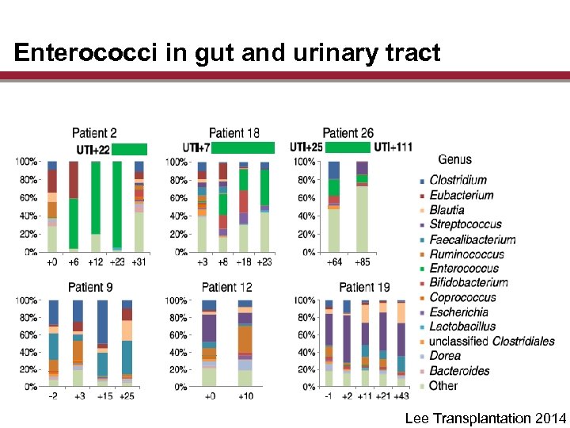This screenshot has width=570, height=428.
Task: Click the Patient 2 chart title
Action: (94, 133)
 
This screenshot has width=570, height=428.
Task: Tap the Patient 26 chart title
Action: (348, 133)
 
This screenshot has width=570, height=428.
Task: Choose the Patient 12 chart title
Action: (227, 286)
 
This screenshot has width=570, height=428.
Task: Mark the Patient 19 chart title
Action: (364, 286)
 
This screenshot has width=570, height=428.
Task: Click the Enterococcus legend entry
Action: (464, 269)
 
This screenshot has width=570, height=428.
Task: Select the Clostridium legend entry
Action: (458, 180)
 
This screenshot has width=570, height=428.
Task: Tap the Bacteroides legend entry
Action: (459, 371)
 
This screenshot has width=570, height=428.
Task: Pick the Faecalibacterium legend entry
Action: (472, 239)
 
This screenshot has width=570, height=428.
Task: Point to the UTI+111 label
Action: (393, 147)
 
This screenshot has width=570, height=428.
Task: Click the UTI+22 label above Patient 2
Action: (93, 149)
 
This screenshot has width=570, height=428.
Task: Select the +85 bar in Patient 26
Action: (362, 206)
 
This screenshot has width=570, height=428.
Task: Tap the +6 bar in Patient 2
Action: (74, 206)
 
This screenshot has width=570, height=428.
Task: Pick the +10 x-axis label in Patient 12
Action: (245, 396)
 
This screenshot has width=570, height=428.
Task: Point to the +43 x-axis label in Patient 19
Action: (401, 396)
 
